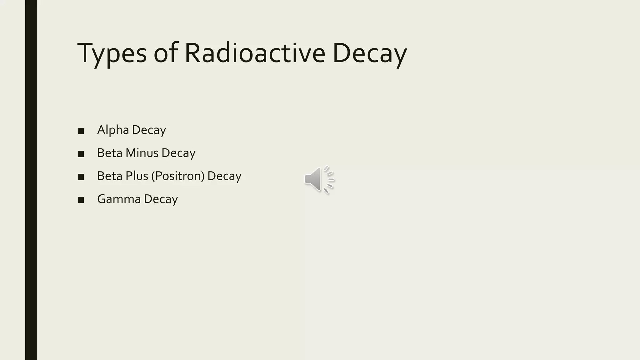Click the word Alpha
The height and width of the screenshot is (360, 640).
point(113,130)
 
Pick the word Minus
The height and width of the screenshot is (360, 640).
point(142,153)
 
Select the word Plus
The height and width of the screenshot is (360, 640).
point(137,176)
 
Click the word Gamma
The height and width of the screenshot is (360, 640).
point(119,199)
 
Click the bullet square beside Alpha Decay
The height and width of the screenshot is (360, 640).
point(81,131)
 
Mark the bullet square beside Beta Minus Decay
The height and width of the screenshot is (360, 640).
point(81,154)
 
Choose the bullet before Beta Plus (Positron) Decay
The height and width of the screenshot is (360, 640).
point(81,177)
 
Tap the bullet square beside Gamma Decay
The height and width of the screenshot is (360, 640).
point(81,200)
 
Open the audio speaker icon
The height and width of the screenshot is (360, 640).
point(319,179)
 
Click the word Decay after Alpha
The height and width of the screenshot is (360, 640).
point(149,130)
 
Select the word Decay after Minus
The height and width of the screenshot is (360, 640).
point(178,153)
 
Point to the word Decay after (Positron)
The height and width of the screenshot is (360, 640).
point(224,176)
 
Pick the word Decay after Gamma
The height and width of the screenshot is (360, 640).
point(161,199)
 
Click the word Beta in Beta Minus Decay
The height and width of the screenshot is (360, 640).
point(110,153)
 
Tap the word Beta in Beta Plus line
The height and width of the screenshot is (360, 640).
point(110,176)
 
